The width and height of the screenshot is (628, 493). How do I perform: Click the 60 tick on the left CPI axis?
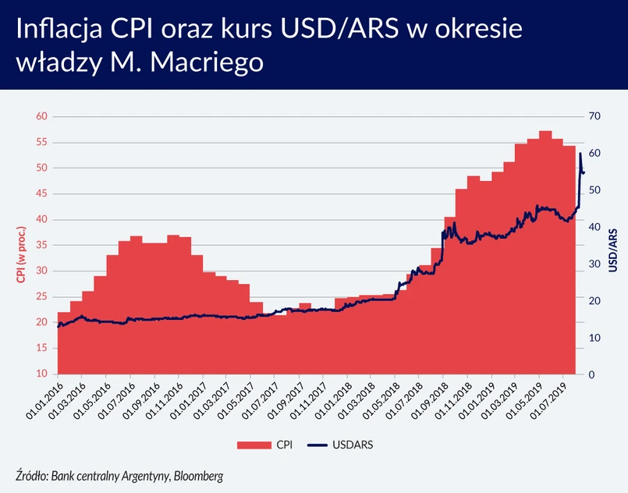41,116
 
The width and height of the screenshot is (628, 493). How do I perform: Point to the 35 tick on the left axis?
41,246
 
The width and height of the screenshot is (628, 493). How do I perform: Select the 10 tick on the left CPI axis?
41,374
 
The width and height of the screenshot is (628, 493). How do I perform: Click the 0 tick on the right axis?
591,374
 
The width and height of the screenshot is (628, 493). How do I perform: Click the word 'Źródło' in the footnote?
31,475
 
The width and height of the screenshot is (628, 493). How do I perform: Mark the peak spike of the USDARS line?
580,154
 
